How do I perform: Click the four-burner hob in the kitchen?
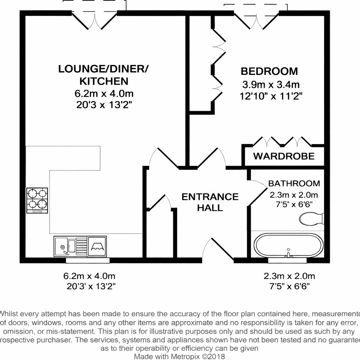[x=37, y=200]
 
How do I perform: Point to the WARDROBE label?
[x=284, y=156]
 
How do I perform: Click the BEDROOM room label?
[x=269, y=71]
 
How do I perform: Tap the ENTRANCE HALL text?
[x=210, y=202]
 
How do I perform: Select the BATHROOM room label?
[x=294, y=183]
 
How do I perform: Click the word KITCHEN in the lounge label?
[x=103, y=81]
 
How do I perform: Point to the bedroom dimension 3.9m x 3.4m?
[x=270, y=84]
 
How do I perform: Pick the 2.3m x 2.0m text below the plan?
[x=289, y=276]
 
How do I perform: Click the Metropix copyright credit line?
[x=180, y=356]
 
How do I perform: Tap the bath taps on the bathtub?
[x=288, y=254]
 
